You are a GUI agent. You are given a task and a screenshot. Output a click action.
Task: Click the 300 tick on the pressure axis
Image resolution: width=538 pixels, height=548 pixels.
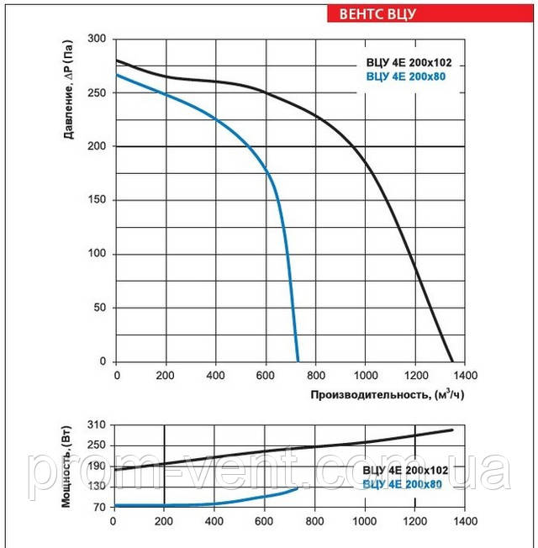click(x=99, y=40)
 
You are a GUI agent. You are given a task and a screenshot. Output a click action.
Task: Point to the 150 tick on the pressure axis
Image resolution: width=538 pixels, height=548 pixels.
click(x=99, y=200)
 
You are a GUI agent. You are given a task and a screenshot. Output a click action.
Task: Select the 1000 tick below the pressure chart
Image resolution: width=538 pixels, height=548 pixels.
click(x=365, y=375)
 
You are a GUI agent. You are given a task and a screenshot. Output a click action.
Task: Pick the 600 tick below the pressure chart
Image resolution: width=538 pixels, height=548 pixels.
click(x=266, y=375)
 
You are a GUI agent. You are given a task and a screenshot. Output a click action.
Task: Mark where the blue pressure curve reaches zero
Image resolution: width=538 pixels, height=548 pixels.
click(x=298, y=361)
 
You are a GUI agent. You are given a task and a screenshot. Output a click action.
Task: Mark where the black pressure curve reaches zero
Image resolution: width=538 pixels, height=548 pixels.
click(x=452, y=361)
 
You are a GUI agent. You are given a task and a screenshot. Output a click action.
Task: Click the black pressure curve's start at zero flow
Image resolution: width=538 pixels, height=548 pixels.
click(x=116, y=61)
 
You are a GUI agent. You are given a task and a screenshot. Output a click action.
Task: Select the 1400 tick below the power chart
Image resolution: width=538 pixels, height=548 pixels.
click(x=465, y=520)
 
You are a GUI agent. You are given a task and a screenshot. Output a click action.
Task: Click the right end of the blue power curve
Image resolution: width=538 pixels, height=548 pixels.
click(x=297, y=488)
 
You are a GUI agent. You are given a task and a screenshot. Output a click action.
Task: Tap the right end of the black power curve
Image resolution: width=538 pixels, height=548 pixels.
click(x=452, y=429)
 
